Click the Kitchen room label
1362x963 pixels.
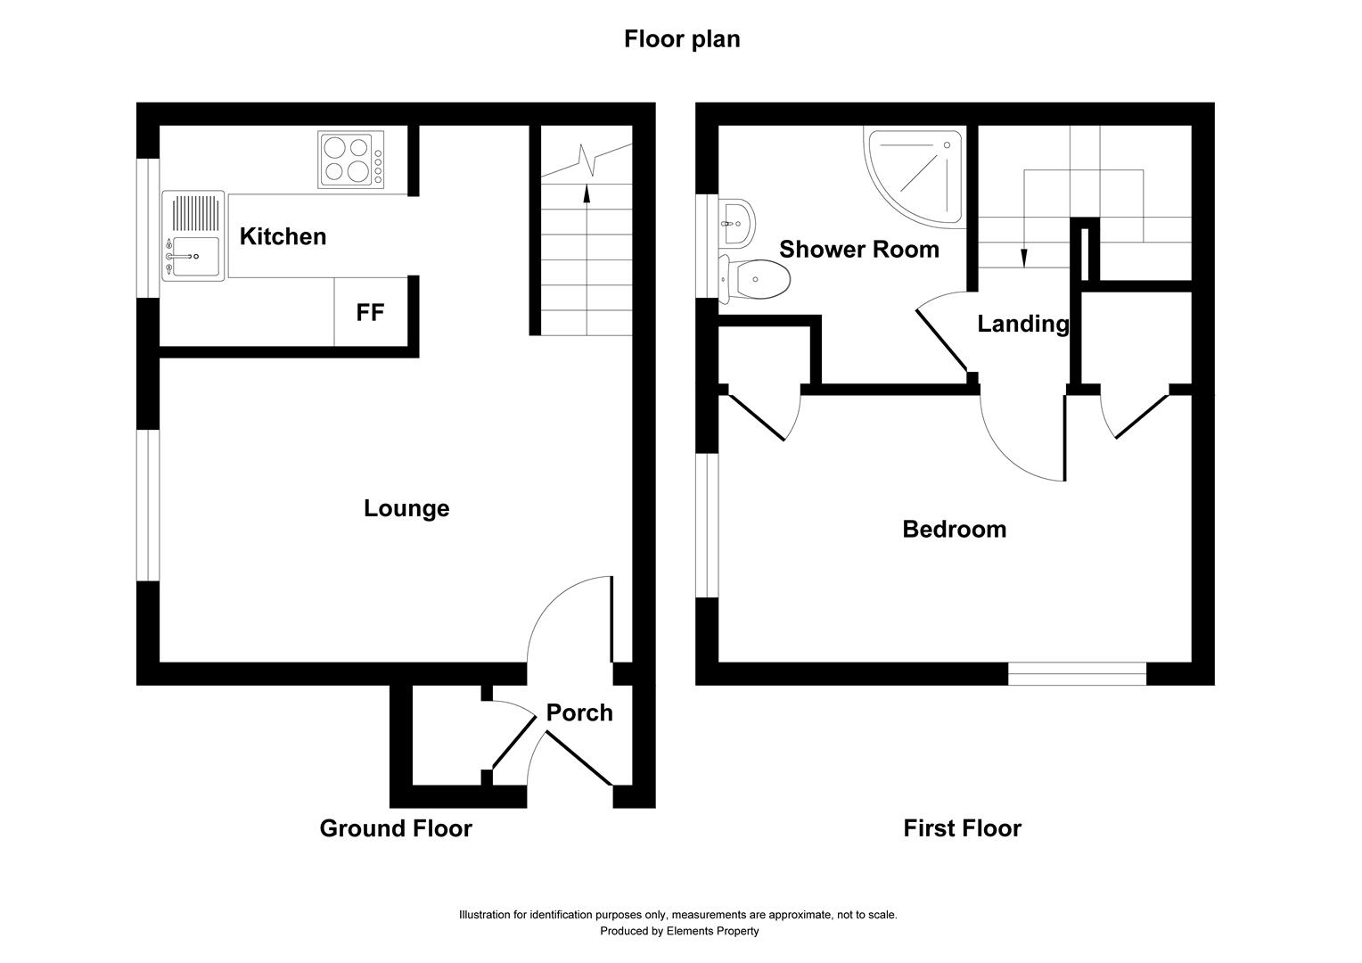283,236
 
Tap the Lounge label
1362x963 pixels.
406,508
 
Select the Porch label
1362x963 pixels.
579,712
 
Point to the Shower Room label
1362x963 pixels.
858,249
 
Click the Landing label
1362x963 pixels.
1022,324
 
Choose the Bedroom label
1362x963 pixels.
954,529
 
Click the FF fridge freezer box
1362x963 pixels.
370,312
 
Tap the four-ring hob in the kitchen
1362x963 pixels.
351,160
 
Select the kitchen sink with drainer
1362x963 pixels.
193,236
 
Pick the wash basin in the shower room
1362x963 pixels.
738,219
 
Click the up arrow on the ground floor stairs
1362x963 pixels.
587,194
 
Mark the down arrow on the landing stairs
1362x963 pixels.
1023,256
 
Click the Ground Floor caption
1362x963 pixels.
396,828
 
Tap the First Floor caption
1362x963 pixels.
962,828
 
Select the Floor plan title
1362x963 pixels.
681,39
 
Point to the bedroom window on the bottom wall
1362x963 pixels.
1077,673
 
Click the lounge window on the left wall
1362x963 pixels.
148,506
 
